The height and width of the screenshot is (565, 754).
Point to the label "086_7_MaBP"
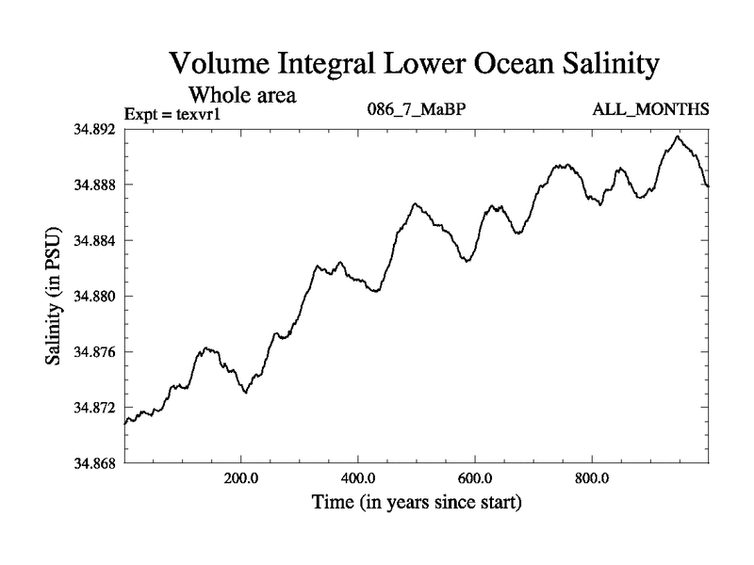pyautogui.click(x=416, y=110)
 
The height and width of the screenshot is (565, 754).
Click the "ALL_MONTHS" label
pyautogui.click(x=650, y=110)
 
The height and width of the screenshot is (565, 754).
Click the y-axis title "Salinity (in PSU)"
pyautogui.click(x=54, y=296)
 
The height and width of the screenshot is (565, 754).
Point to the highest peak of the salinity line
pyautogui.click(x=677, y=137)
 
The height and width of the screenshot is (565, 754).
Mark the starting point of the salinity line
pyautogui.click(x=124, y=424)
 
